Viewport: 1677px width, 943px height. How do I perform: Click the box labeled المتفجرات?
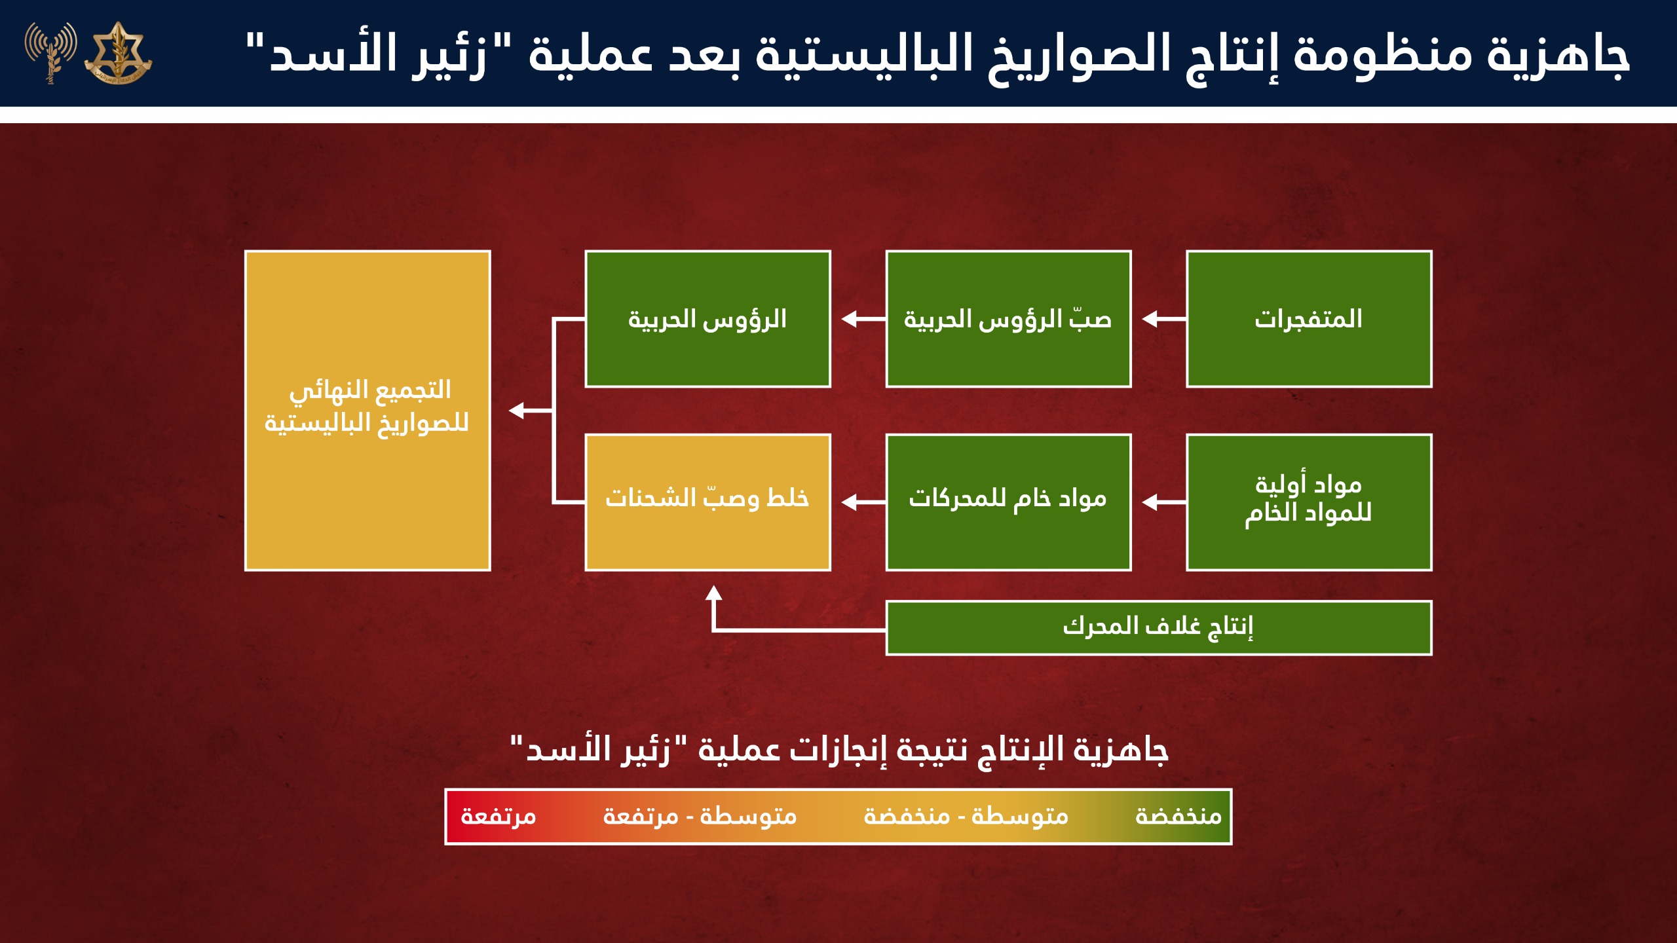click(x=1308, y=319)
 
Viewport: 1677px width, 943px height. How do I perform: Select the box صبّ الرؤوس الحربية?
click(x=1008, y=319)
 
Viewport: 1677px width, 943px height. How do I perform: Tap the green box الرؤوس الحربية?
click(x=707, y=319)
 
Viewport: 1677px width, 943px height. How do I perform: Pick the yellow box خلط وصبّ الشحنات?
click(x=707, y=502)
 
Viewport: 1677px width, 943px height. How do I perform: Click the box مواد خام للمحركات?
click(x=1008, y=502)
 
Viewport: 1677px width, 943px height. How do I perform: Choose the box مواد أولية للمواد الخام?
click(x=1308, y=502)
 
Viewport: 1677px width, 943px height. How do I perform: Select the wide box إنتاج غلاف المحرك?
click(x=1158, y=627)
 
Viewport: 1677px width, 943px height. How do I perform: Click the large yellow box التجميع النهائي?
click(x=367, y=411)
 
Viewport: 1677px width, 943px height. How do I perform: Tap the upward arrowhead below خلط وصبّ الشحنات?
click(x=713, y=593)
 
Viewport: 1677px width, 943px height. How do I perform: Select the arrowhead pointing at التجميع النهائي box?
click(x=517, y=411)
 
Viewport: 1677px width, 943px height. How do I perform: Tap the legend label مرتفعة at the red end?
click(x=499, y=817)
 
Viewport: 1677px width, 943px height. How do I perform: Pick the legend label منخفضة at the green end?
click(x=1178, y=817)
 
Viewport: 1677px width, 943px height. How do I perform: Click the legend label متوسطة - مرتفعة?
click(x=699, y=817)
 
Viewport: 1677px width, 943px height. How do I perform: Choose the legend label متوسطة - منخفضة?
click(x=966, y=817)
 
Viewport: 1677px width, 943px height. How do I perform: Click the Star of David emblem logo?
click(x=118, y=52)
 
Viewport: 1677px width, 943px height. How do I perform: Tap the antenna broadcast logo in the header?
click(x=51, y=51)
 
